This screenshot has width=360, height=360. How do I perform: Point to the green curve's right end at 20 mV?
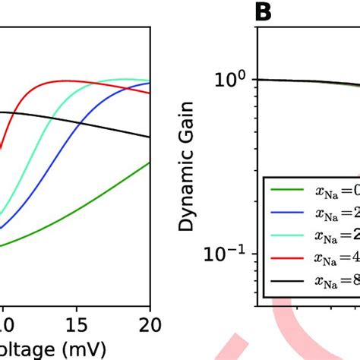150,162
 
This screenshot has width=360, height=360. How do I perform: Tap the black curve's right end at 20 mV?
150,137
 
